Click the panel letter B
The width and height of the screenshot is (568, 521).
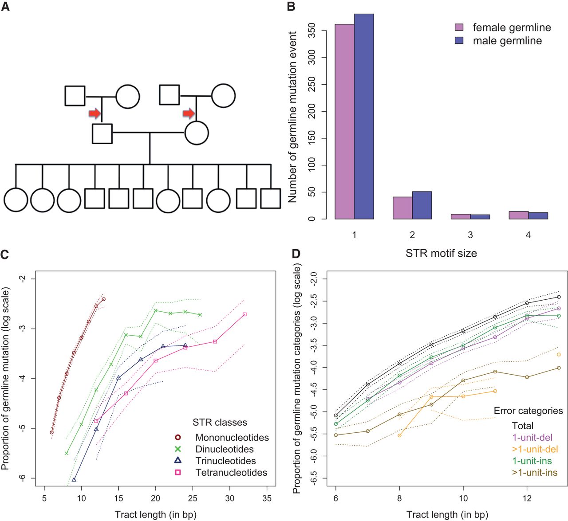[x=291, y=7]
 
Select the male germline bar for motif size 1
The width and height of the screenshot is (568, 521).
[x=364, y=116]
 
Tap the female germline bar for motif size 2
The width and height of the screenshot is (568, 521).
[x=402, y=208]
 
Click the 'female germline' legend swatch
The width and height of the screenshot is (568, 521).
[x=459, y=27]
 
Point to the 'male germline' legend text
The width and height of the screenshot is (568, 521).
[x=507, y=41]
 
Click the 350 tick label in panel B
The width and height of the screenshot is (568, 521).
[x=312, y=31]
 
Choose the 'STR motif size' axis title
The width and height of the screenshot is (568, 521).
[x=441, y=253]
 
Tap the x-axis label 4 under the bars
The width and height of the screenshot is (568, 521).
[x=528, y=235]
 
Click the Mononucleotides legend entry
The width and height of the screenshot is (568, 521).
[x=232, y=438]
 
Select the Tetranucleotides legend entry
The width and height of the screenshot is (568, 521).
[x=231, y=473]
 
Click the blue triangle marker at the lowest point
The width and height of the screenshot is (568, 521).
[x=74, y=479]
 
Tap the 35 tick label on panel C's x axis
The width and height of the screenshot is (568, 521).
[x=267, y=498]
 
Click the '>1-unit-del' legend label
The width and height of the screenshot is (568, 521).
[x=535, y=449]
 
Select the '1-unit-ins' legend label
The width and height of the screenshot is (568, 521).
[x=532, y=461]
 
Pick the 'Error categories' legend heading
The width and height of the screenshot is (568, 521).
[x=528, y=411]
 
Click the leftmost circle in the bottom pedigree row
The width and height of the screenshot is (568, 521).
[x=16, y=200]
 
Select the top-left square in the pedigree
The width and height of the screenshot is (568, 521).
[x=75, y=95]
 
